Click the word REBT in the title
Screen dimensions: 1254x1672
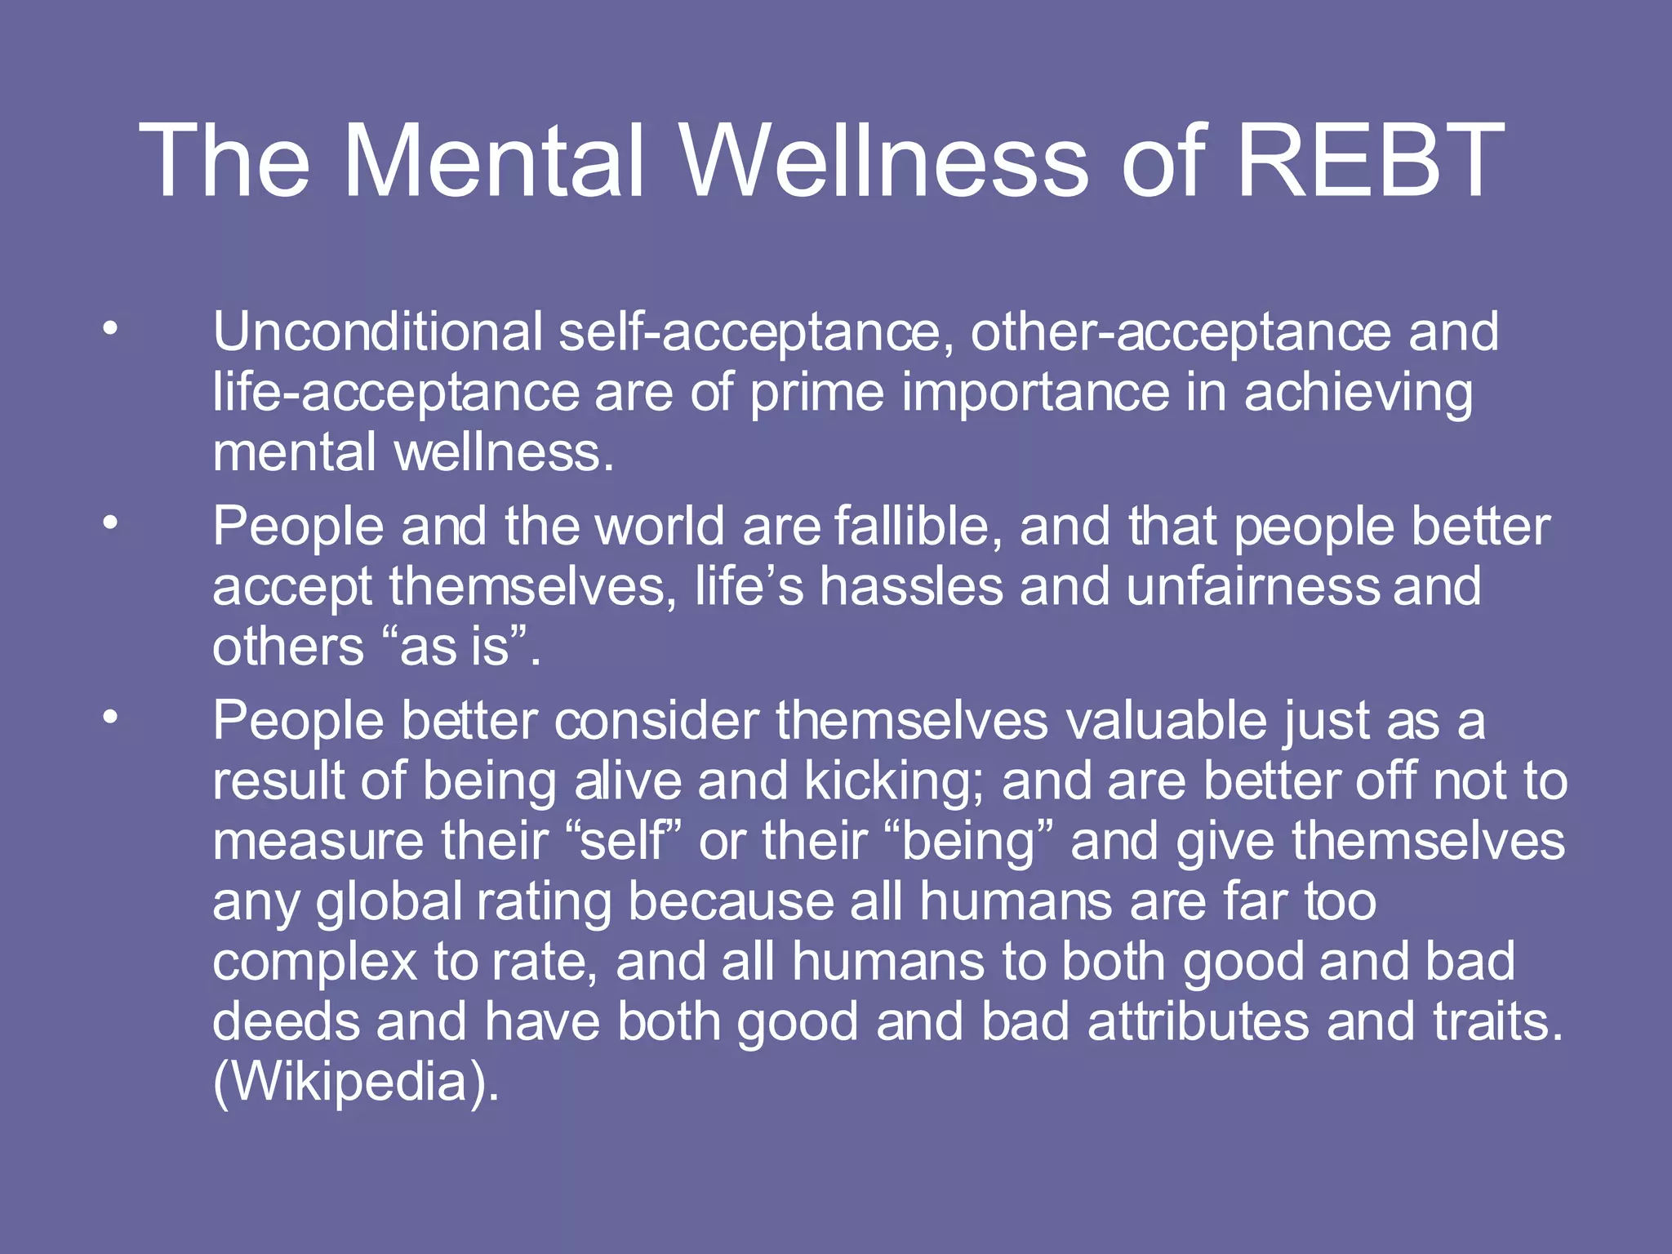pos(1370,160)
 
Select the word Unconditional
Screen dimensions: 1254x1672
pos(378,331)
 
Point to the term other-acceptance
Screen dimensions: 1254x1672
pos(1181,331)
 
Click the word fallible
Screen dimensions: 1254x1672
pos(918,526)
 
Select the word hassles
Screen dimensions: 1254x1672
pos(911,586)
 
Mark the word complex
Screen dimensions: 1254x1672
pos(315,963)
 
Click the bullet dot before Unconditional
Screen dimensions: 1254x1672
pos(110,330)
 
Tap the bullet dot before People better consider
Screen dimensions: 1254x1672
pos(110,718)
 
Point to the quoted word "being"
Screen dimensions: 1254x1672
pos(968,843)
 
